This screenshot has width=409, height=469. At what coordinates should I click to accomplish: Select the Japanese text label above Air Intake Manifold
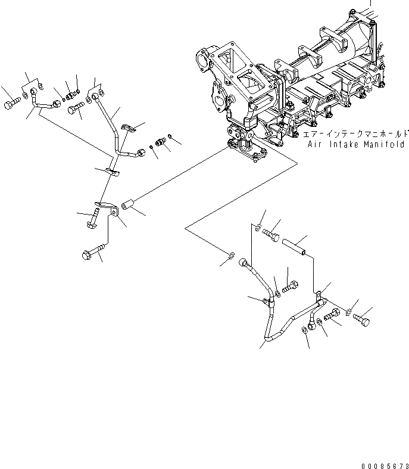pos(354,135)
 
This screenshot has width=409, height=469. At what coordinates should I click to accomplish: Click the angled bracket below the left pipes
pos(111,210)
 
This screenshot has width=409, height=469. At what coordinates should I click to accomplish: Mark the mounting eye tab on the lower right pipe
pos(319,294)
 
